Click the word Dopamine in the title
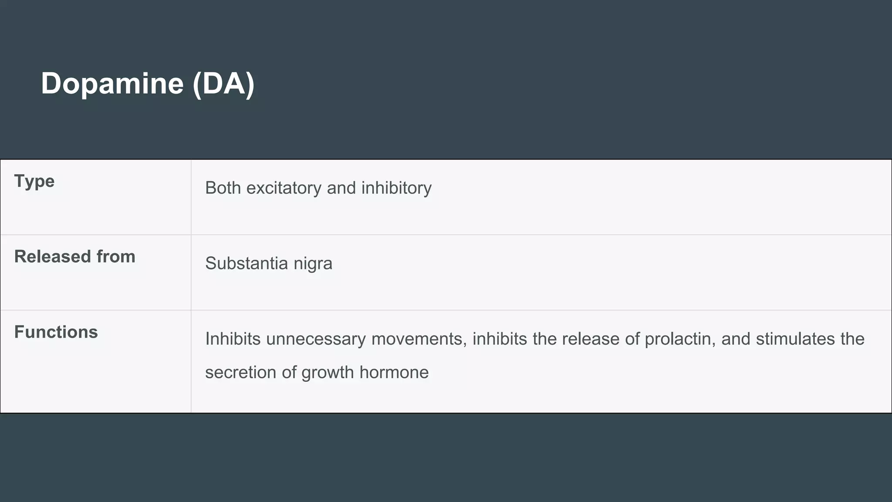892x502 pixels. (x=112, y=83)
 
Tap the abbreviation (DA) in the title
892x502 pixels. (x=223, y=83)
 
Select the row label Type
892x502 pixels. (x=34, y=181)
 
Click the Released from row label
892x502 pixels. (x=74, y=257)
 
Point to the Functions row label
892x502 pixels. (x=56, y=332)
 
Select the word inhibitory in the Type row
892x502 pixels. (x=396, y=188)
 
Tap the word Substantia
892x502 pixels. (x=247, y=264)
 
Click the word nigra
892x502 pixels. (x=313, y=264)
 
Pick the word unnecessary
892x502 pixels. (x=316, y=339)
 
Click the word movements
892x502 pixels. (x=419, y=339)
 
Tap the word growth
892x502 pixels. (x=328, y=373)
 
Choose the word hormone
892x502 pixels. (x=394, y=373)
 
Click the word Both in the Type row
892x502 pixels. (x=223, y=188)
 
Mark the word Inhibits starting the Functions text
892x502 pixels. (x=233, y=339)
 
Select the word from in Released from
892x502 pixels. (x=116, y=257)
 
